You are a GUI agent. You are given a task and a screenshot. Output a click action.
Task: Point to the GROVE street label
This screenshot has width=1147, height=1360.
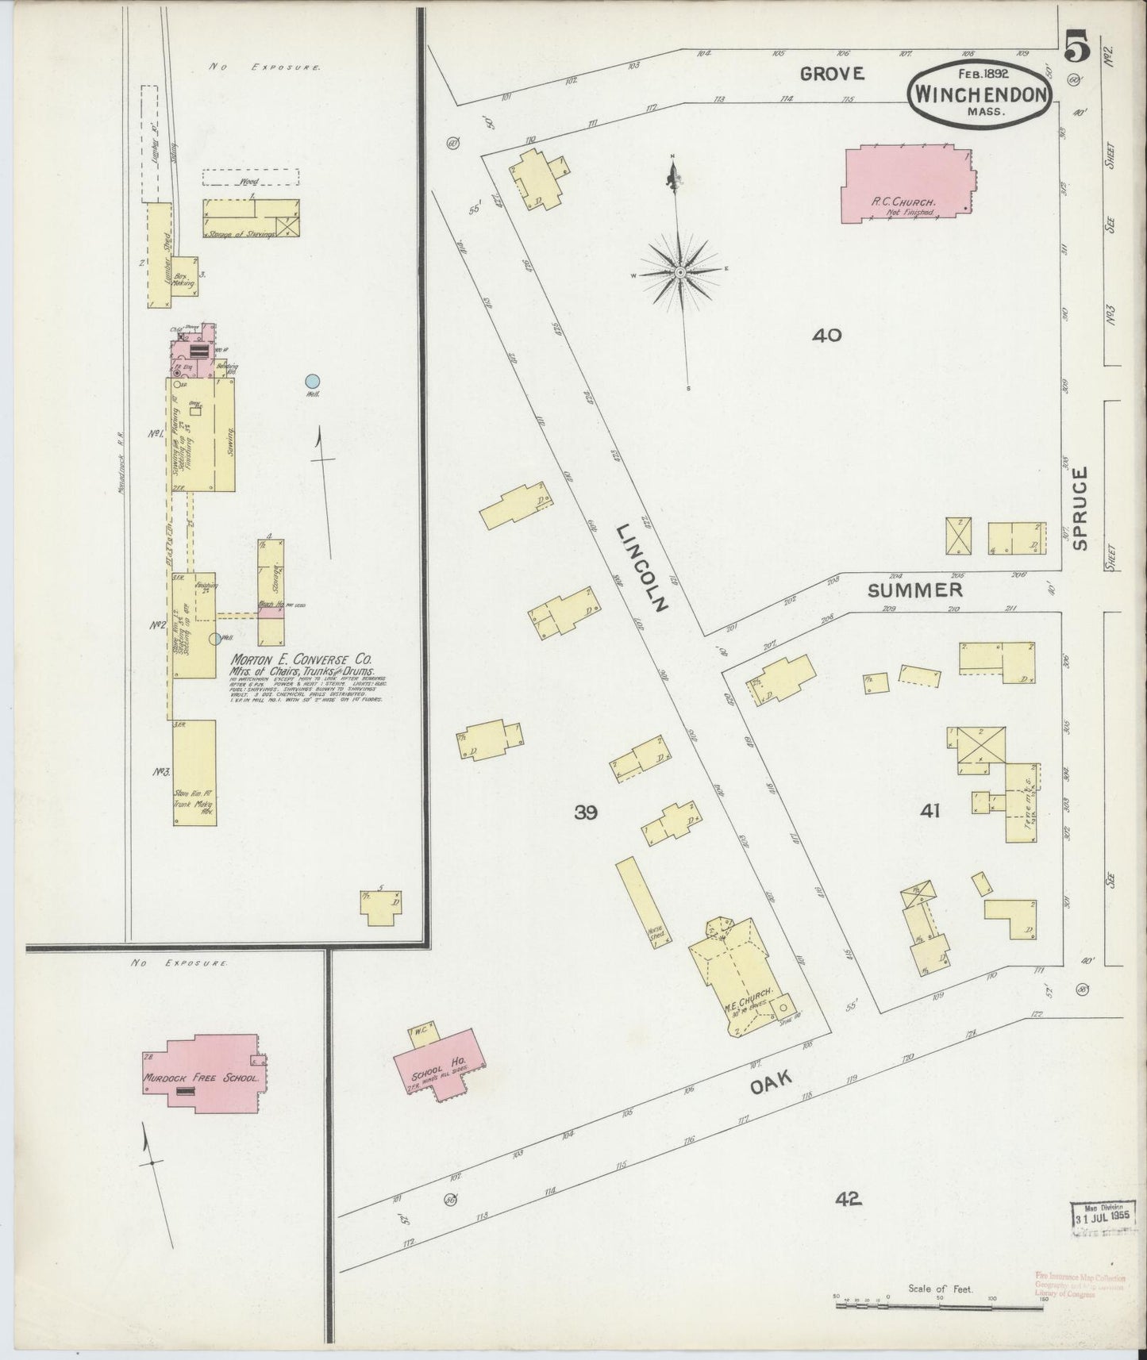click(x=831, y=74)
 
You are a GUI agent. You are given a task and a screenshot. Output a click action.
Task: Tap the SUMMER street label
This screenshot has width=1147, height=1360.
click(x=914, y=590)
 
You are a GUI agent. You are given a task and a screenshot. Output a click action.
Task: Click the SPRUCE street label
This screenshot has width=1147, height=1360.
click(x=1079, y=508)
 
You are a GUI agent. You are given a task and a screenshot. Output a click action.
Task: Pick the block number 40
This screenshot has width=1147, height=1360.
click(x=826, y=336)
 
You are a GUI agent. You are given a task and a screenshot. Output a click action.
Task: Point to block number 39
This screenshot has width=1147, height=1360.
click(x=586, y=812)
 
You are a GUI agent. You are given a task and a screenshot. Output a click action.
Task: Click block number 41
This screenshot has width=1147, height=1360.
click(x=930, y=811)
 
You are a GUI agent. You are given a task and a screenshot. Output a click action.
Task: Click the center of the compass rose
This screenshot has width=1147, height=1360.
click(x=680, y=272)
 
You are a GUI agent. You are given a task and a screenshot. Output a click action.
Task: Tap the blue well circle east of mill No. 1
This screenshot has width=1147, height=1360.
click(x=313, y=382)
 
